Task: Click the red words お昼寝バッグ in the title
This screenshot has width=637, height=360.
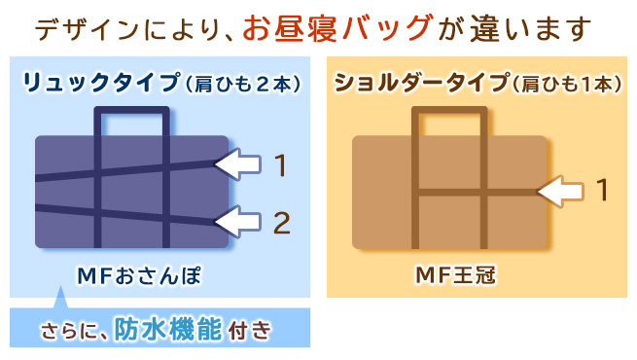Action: [338, 28]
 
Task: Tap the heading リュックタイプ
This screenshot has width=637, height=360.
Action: [101, 83]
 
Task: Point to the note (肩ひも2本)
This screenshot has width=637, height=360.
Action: [243, 84]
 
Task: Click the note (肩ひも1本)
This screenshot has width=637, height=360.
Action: [567, 84]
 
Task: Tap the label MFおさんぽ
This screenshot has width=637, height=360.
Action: [139, 276]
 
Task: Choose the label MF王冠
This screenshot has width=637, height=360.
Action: [456, 276]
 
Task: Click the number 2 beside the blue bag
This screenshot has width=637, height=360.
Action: [281, 223]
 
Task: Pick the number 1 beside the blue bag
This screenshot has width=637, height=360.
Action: [281, 165]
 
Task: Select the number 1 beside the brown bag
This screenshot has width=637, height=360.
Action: [602, 190]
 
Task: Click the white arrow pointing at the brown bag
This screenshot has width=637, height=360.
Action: [560, 191]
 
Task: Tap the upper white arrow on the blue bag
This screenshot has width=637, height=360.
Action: [237, 164]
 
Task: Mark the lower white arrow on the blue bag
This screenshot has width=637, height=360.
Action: [237, 222]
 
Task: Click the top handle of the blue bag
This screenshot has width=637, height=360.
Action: [131, 110]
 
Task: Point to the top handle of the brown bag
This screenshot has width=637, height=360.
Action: [449, 110]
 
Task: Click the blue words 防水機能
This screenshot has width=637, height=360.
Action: [168, 329]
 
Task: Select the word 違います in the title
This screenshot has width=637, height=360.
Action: [531, 29]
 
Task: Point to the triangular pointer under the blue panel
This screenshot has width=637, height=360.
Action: [61, 298]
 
